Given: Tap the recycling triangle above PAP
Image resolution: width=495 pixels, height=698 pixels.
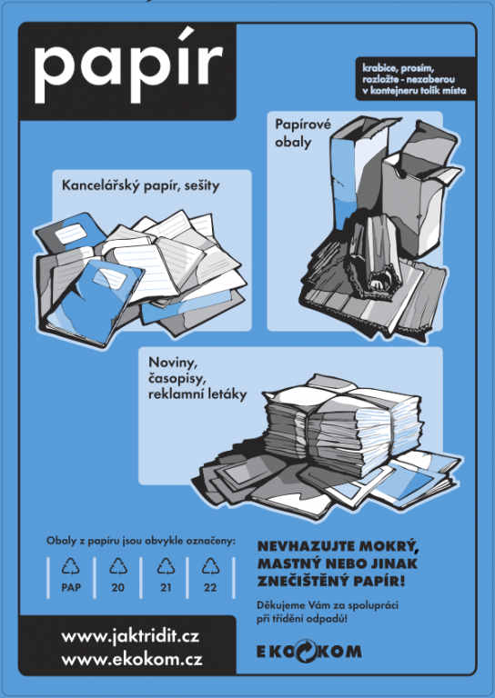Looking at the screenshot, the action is coord(71,566).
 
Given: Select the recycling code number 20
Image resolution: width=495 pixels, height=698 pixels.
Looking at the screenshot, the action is coord(118,588).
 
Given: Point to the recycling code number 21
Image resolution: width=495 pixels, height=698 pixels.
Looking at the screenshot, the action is coord(166,588).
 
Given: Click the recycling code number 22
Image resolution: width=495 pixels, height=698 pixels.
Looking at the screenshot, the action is coord(210,588).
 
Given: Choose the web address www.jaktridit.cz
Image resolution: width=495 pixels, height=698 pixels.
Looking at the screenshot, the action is coord(130,636).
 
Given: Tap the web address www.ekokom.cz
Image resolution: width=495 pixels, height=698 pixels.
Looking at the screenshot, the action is coord(132,659).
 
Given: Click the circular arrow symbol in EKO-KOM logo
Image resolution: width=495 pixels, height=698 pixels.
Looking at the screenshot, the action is coord(306,652).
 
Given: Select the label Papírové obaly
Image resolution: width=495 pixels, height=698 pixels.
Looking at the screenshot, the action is coord(302,133).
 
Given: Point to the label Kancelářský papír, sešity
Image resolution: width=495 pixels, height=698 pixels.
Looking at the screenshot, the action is coord(141,185).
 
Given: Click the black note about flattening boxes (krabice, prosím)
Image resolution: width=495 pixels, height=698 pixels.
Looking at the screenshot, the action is coord(414,79).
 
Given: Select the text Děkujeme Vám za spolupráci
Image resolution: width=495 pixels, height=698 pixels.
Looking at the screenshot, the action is coord(328,605).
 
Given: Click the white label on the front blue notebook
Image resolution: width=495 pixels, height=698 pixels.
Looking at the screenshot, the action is coord(110,278).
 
